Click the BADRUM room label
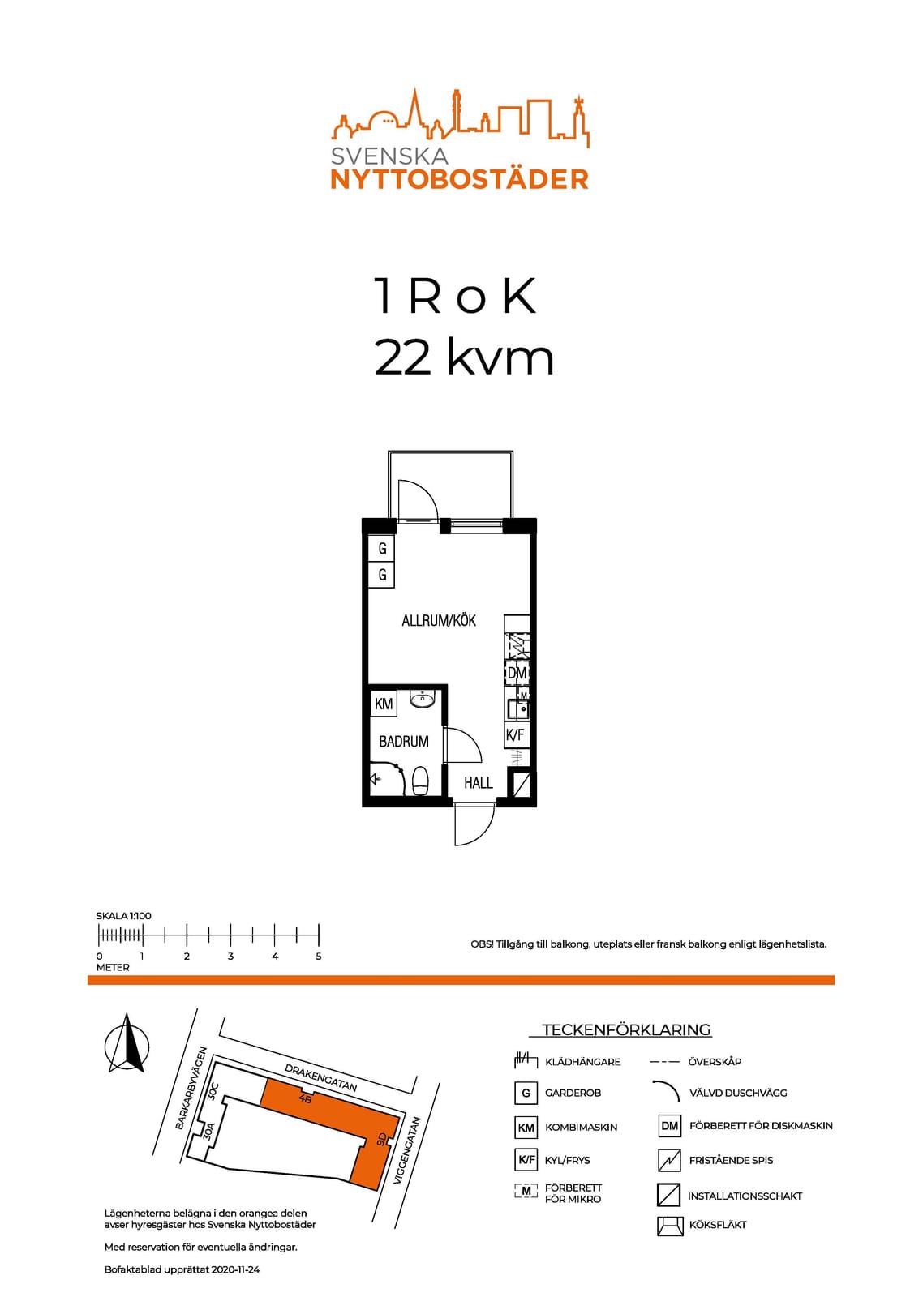[x=404, y=741]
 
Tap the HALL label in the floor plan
[x=478, y=783]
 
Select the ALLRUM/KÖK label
[x=439, y=621]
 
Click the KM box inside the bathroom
[x=384, y=704]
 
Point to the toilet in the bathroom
[x=420, y=781]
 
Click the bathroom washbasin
[x=422, y=700]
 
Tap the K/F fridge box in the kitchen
[x=515, y=735]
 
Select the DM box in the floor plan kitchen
[x=517, y=673]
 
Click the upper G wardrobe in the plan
[x=382, y=548]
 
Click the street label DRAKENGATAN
[x=320, y=1077]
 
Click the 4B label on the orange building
[x=305, y=1098]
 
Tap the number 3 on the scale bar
[x=230, y=956]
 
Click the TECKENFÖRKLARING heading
[x=626, y=1029]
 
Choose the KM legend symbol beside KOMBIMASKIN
[x=526, y=1128]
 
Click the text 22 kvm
[x=464, y=357]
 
